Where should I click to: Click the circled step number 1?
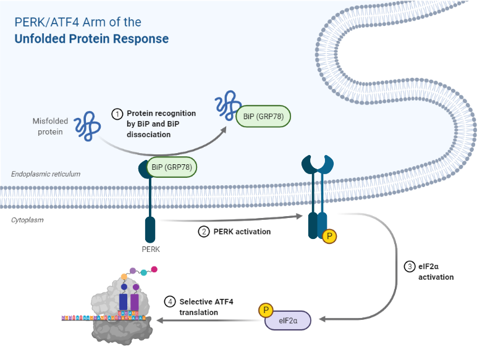(x=117, y=114)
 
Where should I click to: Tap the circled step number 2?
(x=203, y=232)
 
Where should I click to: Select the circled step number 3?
(x=410, y=267)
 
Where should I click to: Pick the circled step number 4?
(x=170, y=302)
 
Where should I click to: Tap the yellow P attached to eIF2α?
(x=267, y=309)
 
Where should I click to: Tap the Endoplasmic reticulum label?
(x=46, y=174)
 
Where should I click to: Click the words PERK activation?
(x=242, y=232)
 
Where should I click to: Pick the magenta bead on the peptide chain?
(x=154, y=270)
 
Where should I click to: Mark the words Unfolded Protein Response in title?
(x=91, y=38)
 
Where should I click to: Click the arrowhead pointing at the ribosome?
(x=161, y=320)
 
